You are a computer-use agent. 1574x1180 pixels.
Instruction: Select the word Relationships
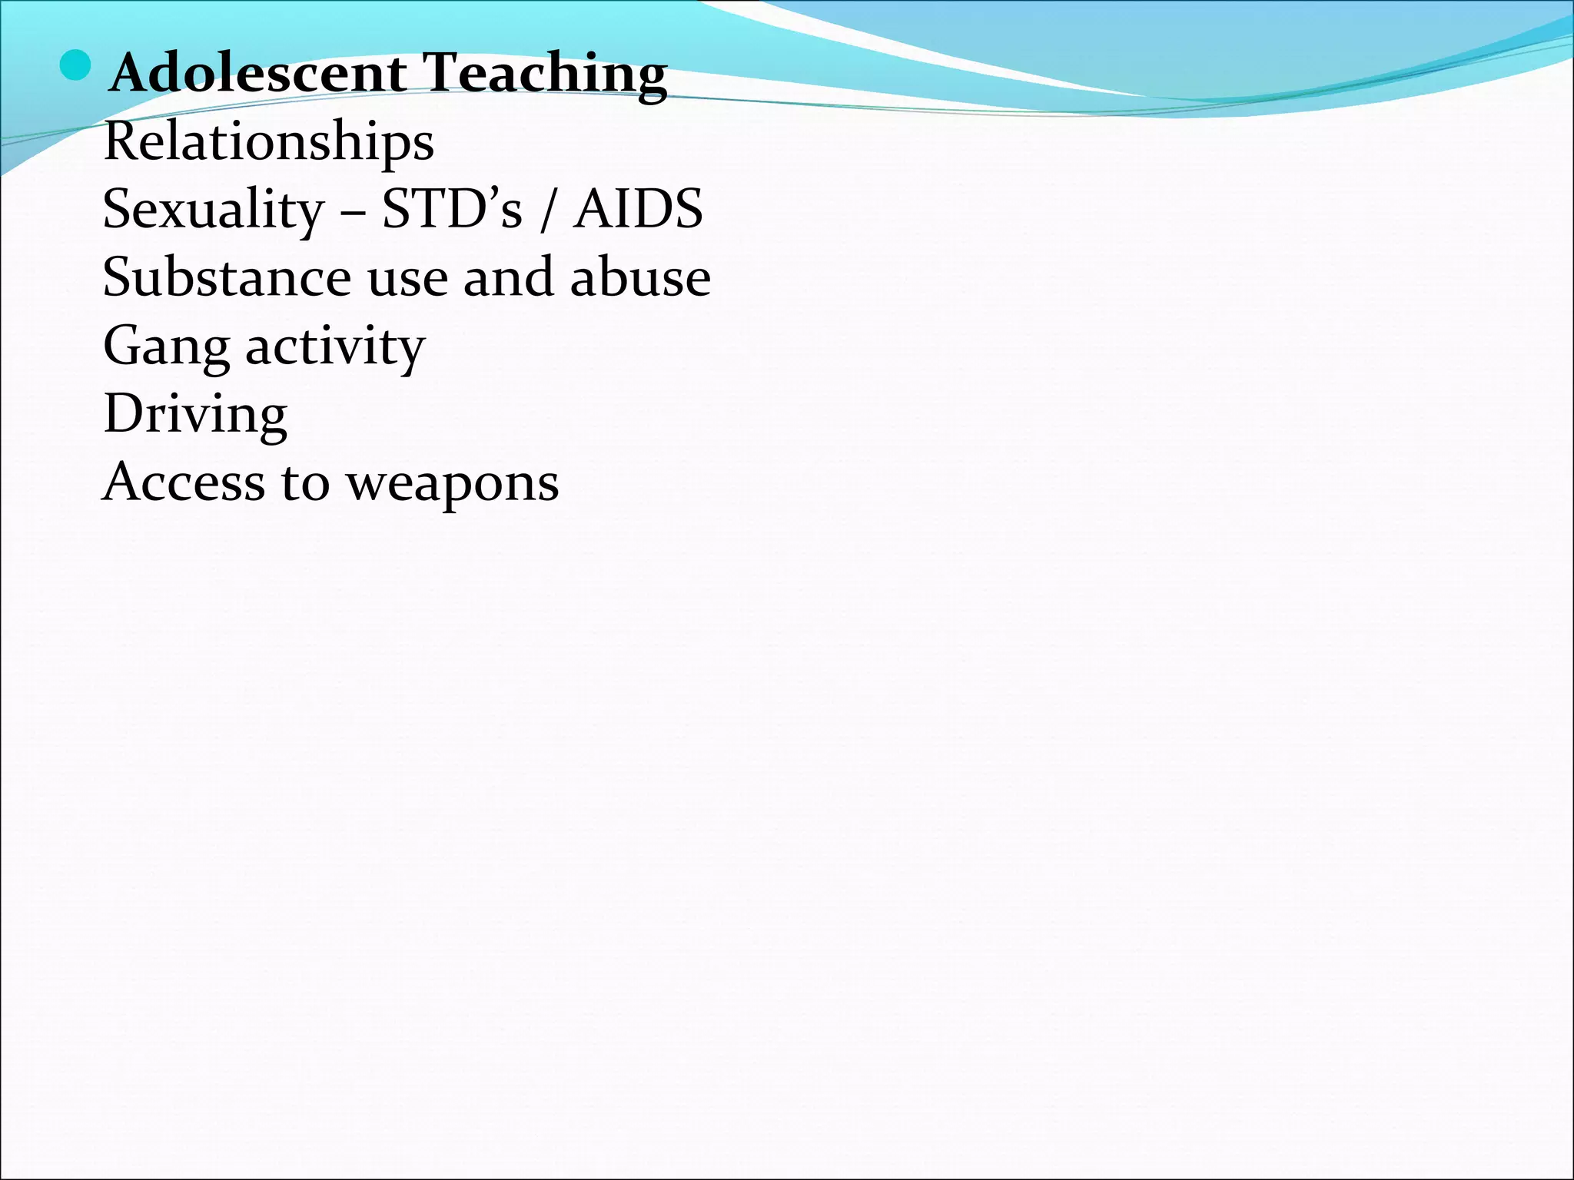pos(268,143)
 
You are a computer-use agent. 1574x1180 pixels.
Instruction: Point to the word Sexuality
pos(214,210)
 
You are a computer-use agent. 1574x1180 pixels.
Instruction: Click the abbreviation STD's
pos(452,209)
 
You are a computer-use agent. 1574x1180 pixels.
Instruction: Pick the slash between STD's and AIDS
pos(547,210)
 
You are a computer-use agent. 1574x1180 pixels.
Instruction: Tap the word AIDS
pos(638,209)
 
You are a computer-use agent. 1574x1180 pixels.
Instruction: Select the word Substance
pos(227,277)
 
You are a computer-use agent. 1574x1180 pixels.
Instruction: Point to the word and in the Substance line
pos(508,277)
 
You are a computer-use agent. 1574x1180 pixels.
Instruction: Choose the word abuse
pos(640,277)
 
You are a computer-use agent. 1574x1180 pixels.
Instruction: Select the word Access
pos(183,483)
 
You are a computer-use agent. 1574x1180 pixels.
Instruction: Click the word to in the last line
pos(305,485)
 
